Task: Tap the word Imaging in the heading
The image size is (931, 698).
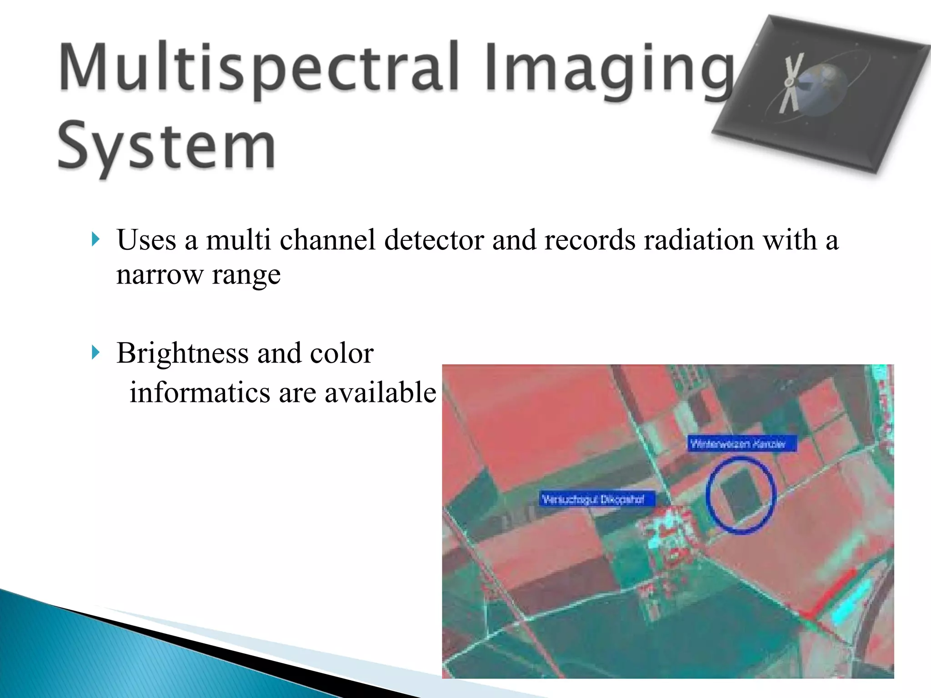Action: pyautogui.click(x=609, y=68)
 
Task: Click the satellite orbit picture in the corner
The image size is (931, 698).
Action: pyautogui.click(x=818, y=93)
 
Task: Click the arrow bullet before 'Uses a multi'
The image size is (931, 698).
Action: pyautogui.click(x=95, y=239)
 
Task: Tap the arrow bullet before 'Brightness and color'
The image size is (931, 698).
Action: pyautogui.click(x=95, y=352)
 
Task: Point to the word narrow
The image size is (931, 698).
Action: pyautogui.click(x=160, y=275)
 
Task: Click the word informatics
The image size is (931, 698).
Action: pyautogui.click(x=200, y=392)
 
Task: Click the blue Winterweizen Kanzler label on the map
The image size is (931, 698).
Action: pyautogui.click(x=741, y=444)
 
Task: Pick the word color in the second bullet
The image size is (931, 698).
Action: pyautogui.click(x=341, y=354)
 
